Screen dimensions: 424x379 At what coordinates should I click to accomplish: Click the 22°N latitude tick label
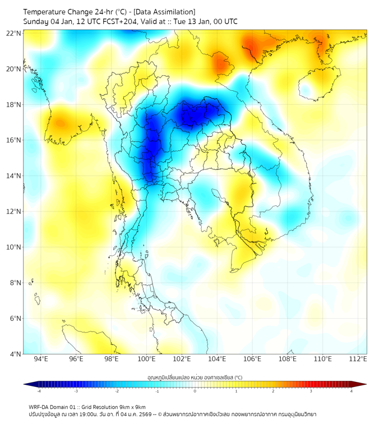pos(14,33)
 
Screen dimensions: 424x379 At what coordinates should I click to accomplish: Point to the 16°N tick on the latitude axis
pos(14,140)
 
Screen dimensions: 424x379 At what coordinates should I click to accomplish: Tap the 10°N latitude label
pos(14,247)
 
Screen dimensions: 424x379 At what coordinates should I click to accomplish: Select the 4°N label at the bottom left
pos(15,354)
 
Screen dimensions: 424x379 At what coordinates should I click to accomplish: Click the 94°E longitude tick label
pos(41,360)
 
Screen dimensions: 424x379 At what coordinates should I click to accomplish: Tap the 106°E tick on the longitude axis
pos(252,360)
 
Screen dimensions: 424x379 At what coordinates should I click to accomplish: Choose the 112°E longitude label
pos(358,360)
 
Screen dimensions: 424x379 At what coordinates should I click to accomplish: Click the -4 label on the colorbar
pos(39,391)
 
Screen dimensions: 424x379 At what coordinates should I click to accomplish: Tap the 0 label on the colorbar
pos(195,391)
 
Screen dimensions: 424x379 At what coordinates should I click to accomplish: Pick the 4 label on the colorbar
pos(352,391)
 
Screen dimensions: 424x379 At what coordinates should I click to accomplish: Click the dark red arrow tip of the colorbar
pos(363,384)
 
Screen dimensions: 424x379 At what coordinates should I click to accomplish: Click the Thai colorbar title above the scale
pos(195,377)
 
